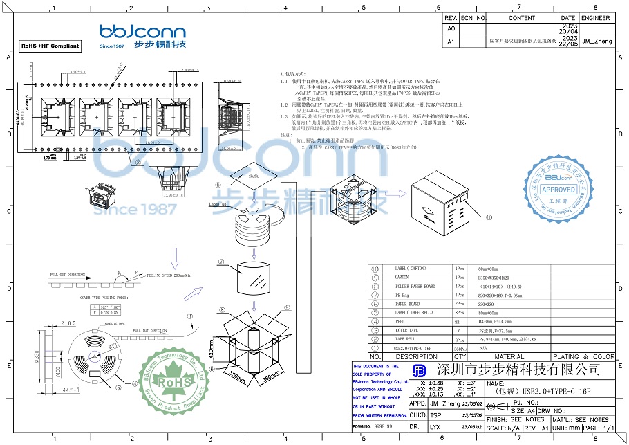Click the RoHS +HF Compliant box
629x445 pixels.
pyautogui.click(x=50, y=46)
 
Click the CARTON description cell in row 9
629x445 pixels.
pyautogui.click(x=402, y=277)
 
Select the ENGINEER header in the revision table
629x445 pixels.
pyautogui.click(x=596, y=18)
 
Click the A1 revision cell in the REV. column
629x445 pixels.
pyautogui.click(x=451, y=42)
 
